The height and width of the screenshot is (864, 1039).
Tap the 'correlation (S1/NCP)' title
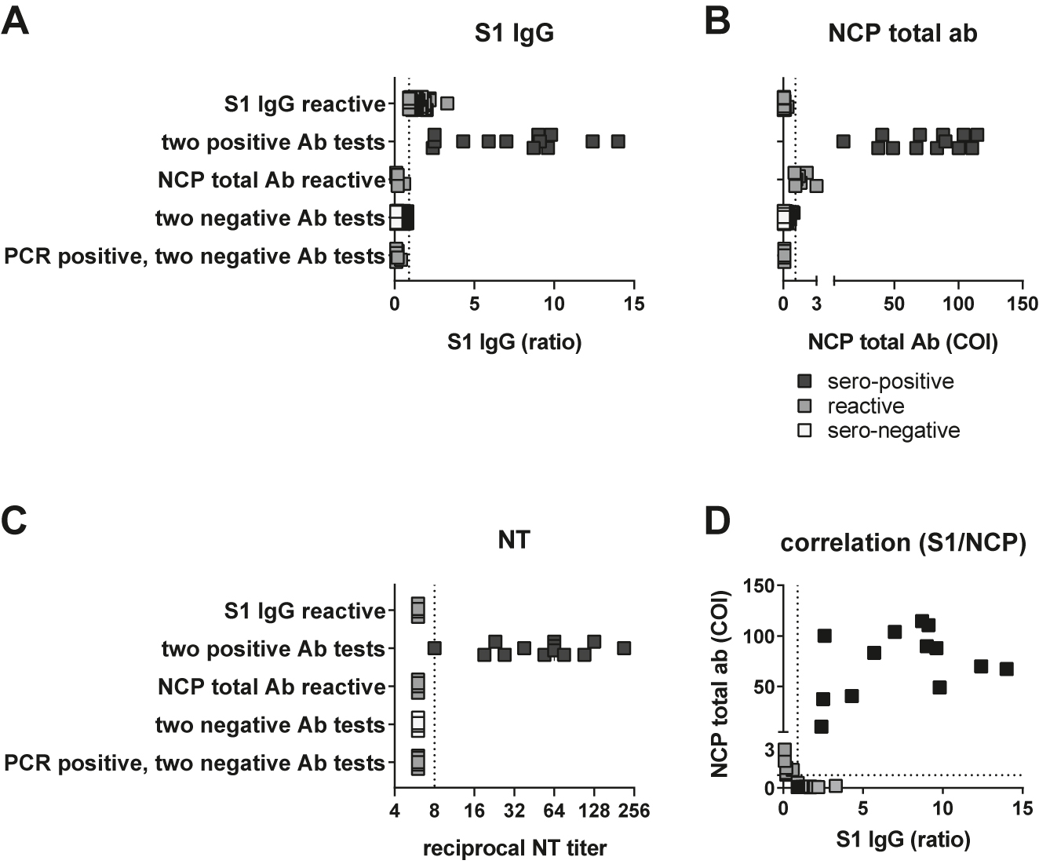902,544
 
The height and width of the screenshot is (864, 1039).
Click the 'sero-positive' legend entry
890,381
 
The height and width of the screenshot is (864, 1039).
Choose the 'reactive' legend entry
865,406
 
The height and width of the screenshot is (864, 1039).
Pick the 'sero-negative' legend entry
893,430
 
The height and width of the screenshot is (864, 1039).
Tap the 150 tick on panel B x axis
1022,304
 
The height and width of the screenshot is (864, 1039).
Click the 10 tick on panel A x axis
555,304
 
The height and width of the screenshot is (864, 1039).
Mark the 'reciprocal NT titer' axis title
515,848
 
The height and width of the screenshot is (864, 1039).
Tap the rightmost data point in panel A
618,141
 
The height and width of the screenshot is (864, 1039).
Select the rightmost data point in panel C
624,648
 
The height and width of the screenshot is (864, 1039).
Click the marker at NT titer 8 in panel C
435,648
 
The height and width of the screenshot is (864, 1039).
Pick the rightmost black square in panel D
1006,669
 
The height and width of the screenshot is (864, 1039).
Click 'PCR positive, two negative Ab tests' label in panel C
195,763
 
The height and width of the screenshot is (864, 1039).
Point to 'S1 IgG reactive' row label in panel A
305,104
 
